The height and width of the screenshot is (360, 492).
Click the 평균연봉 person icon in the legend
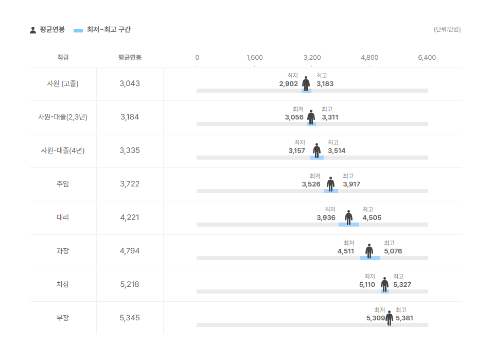click(x=33, y=30)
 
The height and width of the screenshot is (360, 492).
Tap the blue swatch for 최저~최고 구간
click(x=78, y=30)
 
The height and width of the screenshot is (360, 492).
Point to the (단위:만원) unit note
click(x=447, y=29)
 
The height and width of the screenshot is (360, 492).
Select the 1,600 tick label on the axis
click(x=254, y=58)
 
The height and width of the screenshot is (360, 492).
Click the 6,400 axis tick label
click(x=427, y=58)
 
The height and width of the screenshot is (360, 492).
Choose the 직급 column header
click(x=63, y=57)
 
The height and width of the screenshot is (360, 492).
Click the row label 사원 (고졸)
click(x=63, y=83)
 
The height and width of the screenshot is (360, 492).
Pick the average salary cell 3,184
click(x=130, y=117)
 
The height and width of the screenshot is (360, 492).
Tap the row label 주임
click(x=63, y=184)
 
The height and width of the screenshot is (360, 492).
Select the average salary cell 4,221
click(x=130, y=217)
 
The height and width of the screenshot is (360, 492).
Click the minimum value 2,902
click(x=288, y=84)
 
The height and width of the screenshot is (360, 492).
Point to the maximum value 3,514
click(x=337, y=151)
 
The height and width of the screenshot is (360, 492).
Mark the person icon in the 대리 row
click(x=348, y=218)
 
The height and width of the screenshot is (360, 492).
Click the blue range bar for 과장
click(x=370, y=258)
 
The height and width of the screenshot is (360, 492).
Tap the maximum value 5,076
click(x=393, y=251)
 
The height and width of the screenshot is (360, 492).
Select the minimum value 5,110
click(x=367, y=285)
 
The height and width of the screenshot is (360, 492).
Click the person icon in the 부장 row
click(x=390, y=318)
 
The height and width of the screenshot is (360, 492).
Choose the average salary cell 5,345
click(x=130, y=318)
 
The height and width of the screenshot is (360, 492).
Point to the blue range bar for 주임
click(x=331, y=191)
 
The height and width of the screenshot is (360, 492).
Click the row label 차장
click(x=63, y=284)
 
